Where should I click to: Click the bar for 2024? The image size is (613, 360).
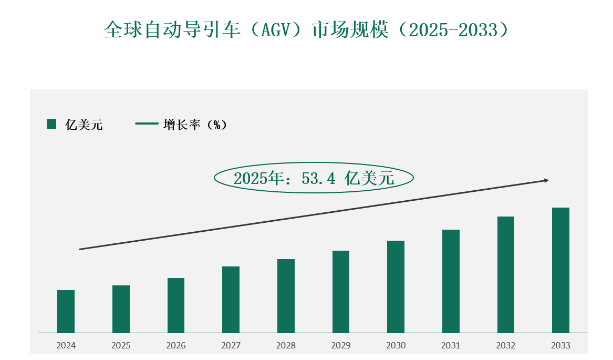coord(66,311)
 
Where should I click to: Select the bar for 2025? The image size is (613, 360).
coord(121,309)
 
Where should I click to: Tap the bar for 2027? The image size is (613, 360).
coord(231,300)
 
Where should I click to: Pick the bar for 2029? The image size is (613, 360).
coord(341,292)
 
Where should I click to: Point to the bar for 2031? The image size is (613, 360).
coord(451,281)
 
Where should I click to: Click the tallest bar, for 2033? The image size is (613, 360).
coord(560,270)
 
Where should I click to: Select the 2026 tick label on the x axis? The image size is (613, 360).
coord(176,346)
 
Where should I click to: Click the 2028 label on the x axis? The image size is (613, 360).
coord(286,346)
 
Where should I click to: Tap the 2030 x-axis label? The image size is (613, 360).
coord(396,346)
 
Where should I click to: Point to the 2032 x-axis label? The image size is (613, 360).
coord(506,346)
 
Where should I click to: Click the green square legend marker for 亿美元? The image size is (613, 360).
coord(51,124)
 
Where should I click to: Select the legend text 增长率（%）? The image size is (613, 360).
coord(195,125)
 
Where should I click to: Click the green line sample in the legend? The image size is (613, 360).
coord(147,124)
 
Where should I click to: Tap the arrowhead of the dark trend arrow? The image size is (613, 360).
coord(546,180)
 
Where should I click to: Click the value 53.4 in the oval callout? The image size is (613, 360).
coord(318,178)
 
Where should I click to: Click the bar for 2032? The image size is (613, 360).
coord(506,274)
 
